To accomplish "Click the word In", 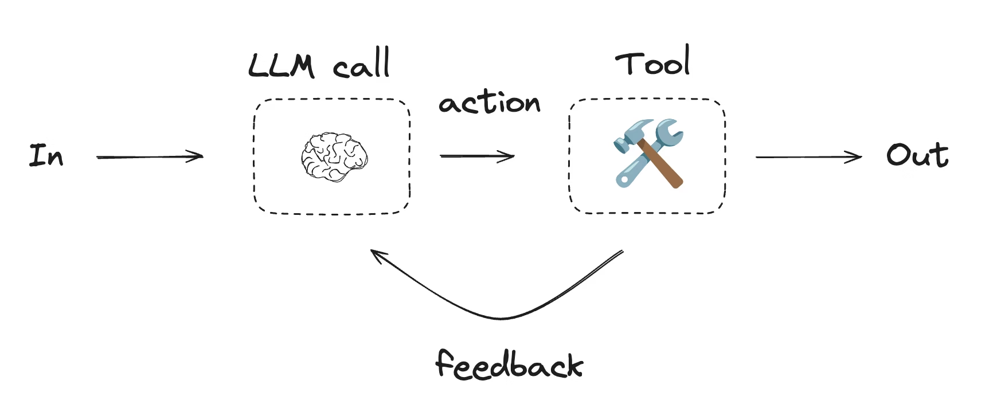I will click(x=46, y=155).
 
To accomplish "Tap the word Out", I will click(x=917, y=155).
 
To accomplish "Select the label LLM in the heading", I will click(x=282, y=65).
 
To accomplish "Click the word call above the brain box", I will click(x=362, y=64).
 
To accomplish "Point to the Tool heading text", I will click(x=653, y=62).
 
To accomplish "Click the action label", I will click(x=489, y=103).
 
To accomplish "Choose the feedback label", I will click(x=509, y=364).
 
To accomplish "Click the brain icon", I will click(x=334, y=156).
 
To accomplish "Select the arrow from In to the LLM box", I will click(x=150, y=156).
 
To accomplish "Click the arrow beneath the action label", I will click(x=476, y=156).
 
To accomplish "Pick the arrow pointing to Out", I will click(x=808, y=156).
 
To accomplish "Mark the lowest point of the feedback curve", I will click(x=502, y=318).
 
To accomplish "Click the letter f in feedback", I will click(x=445, y=362).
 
